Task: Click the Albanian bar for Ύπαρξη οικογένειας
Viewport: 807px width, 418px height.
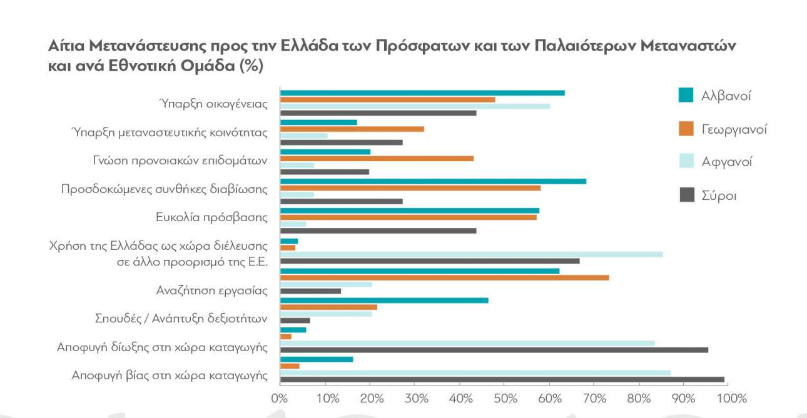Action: pos(422,93)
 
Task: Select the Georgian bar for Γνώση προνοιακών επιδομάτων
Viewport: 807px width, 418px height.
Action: pos(377,158)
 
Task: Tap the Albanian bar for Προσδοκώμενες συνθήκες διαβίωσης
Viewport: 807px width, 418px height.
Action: pos(433,181)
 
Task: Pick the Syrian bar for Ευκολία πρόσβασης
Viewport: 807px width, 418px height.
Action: pos(378,231)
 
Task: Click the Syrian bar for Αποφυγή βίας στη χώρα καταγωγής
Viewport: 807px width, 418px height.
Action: pos(502,379)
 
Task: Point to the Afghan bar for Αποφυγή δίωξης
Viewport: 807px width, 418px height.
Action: pos(467,343)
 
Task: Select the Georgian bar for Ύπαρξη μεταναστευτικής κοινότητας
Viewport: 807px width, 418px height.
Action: pos(352,129)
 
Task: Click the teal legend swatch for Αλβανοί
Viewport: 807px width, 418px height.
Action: pos(686,96)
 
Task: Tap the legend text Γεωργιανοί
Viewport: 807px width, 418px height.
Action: pos(734,129)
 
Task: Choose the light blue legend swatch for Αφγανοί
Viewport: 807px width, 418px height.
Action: pos(686,162)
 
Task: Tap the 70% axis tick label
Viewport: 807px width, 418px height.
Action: pos(595,397)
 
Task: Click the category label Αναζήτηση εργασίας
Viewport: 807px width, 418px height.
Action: pos(211,291)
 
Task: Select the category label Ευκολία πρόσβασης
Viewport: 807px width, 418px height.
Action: pos(211,217)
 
